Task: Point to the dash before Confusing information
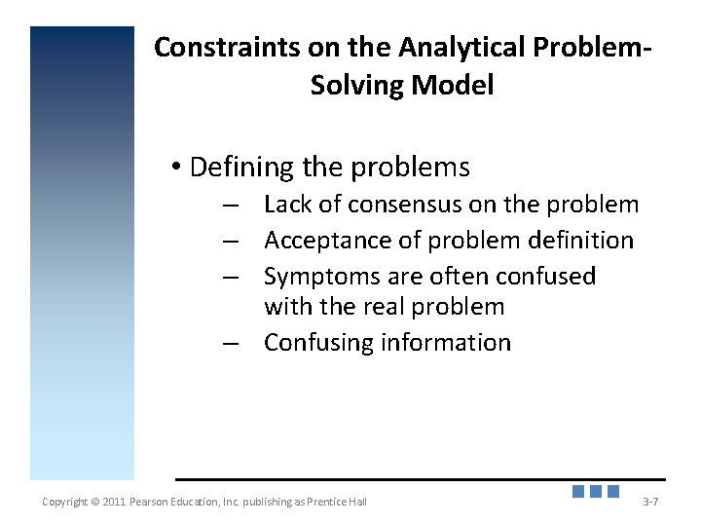[x=230, y=344]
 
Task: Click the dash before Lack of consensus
[x=230, y=206]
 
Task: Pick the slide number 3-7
[x=650, y=502]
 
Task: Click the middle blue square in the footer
[x=596, y=492]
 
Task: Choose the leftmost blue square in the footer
[x=578, y=492]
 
